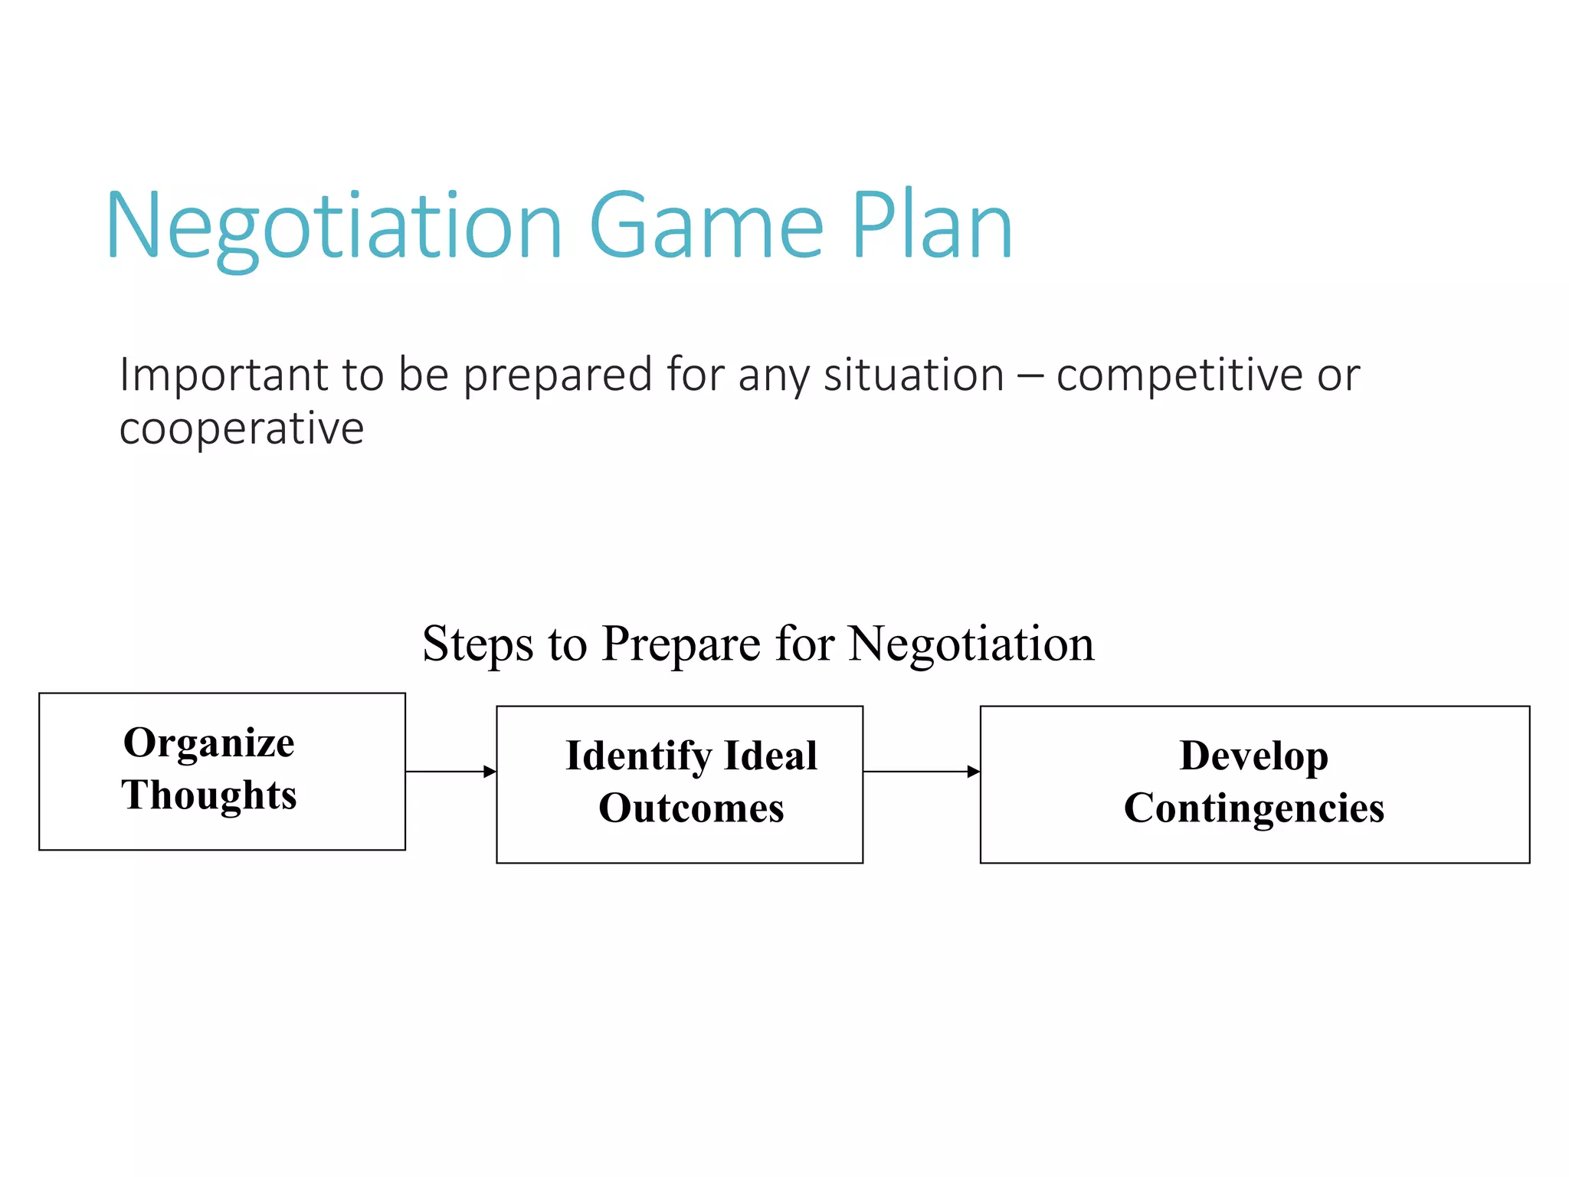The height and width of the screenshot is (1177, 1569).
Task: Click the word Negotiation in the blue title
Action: (x=335, y=228)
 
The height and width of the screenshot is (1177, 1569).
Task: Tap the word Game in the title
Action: (x=706, y=228)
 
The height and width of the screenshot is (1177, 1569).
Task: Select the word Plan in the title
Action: (x=932, y=228)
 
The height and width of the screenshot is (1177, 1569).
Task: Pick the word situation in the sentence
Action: (x=913, y=375)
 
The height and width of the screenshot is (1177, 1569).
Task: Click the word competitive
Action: (x=1179, y=375)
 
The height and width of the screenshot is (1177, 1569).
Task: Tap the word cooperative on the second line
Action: (x=241, y=428)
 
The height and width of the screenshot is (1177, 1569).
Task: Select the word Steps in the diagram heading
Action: (x=477, y=644)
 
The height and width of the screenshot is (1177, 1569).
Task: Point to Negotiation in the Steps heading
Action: (x=971, y=644)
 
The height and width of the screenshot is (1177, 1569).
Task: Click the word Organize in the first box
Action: (x=209, y=743)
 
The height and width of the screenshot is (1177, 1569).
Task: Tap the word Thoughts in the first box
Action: (x=209, y=795)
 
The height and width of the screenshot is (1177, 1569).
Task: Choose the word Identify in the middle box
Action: (x=639, y=756)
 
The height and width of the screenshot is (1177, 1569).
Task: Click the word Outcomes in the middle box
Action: (x=691, y=808)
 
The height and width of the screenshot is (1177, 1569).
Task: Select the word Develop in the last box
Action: (x=1253, y=756)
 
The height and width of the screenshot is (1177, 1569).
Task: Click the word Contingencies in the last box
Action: (x=1253, y=808)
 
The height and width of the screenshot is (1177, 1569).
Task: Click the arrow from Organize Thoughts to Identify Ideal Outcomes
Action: (x=450, y=772)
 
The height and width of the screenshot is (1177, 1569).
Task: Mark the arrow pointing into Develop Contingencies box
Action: (x=921, y=772)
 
